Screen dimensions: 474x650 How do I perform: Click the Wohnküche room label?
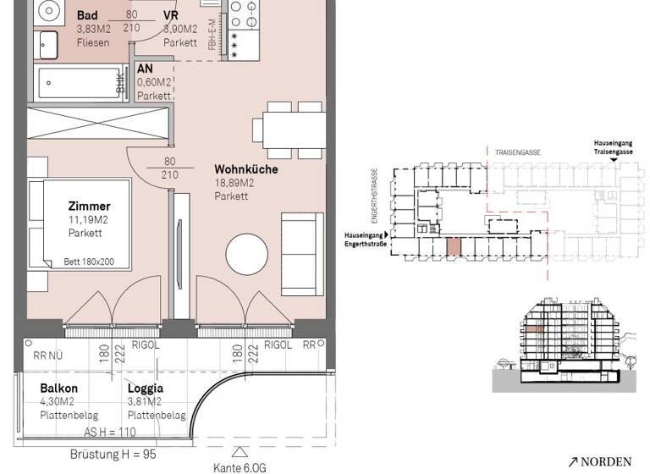(x=245, y=169)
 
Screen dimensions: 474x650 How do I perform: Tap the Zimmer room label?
(x=89, y=207)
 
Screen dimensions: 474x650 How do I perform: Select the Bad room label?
(x=86, y=15)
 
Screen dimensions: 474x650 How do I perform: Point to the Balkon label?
(x=58, y=389)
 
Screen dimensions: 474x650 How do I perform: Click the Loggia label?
(x=145, y=389)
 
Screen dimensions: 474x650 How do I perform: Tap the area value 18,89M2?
(x=235, y=183)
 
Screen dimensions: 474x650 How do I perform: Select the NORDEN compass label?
(x=600, y=462)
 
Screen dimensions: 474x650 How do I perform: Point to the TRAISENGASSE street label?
(x=519, y=152)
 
